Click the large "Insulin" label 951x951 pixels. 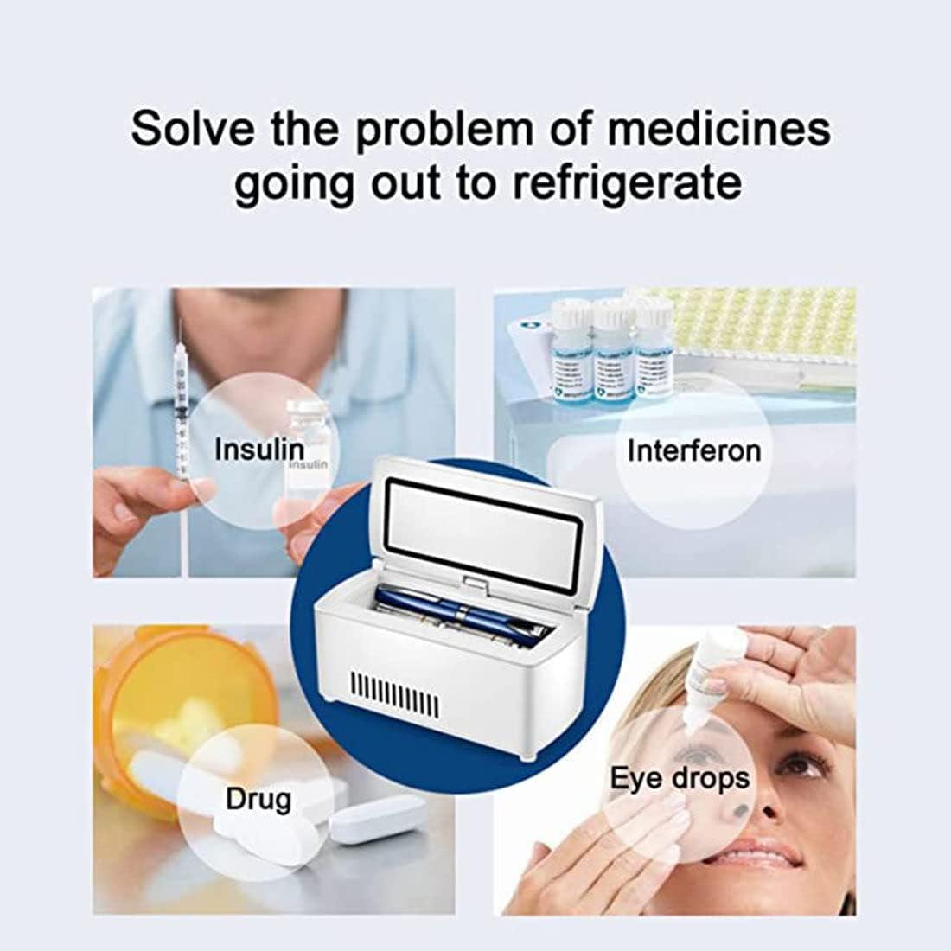(258, 450)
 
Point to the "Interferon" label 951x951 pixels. (694, 450)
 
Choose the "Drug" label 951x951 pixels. (258, 799)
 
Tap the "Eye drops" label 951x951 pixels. (680, 777)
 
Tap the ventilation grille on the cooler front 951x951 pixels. (393, 697)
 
